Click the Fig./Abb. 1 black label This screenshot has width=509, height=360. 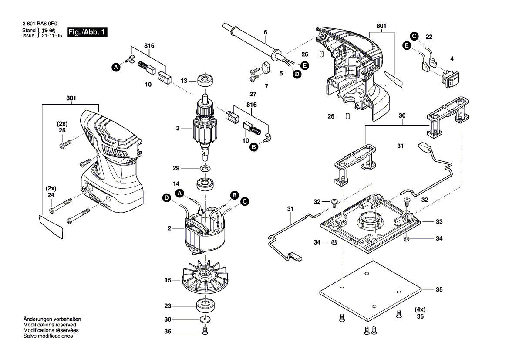coord(87,33)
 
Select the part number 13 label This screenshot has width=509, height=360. coord(184,81)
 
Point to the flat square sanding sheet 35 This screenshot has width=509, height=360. coord(370,289)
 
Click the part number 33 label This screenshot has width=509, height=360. coord(439,222)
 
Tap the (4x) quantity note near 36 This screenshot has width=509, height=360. coord(420,309)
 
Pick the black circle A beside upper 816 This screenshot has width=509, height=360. coord(116,67)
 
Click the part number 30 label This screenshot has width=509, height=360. coord(402,116)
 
